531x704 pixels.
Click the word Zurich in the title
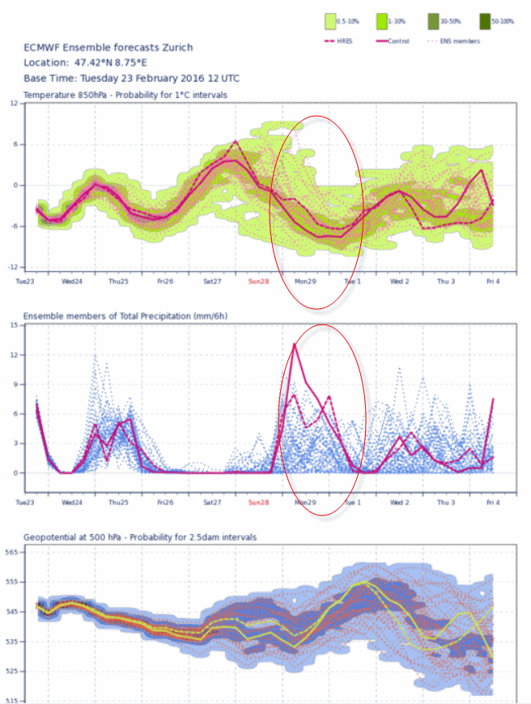(177, 47)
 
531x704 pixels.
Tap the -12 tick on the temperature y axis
(14, 267)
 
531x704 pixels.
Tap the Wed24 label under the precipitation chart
(72, 502)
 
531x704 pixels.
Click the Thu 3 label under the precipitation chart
(446, 502)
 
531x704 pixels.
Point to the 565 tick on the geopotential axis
(14, 553)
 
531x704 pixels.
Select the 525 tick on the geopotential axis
(14, 671)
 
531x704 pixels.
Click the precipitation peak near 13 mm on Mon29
(294, 345)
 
